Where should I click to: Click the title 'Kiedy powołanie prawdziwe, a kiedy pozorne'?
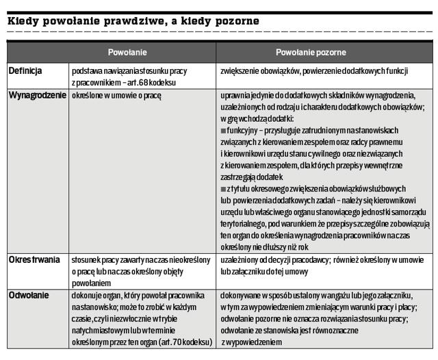point(133,21)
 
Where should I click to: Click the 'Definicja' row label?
point(25,71)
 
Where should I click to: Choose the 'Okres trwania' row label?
point(34,261)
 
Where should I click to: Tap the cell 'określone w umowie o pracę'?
point(116,96)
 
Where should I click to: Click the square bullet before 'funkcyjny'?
point(223,129)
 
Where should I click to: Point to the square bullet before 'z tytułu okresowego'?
point(223,188)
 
